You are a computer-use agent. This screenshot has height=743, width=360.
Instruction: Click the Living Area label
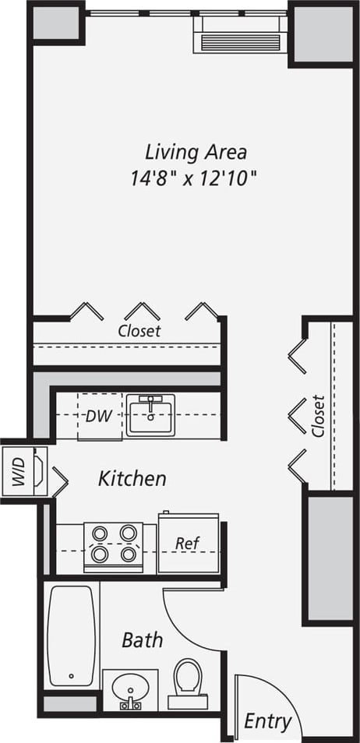coord(196,151)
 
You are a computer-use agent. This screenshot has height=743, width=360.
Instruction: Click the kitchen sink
coord(150,414)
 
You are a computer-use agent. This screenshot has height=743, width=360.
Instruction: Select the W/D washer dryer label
coord(19,472)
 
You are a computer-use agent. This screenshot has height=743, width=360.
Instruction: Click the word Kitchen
coord(132,478)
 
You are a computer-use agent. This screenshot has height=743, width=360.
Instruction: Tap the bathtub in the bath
coord(72,635)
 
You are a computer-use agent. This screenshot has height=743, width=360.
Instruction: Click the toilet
coord(187,679)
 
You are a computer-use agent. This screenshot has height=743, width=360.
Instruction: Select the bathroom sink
coord(129,690)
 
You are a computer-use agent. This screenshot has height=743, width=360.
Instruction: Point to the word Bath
coord(143,640)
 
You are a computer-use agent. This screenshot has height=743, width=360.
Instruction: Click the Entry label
coord(267,721)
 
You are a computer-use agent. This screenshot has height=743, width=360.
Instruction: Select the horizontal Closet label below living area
coord(139,330)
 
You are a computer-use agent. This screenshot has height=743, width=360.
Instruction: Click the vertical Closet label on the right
coord(317,415)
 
